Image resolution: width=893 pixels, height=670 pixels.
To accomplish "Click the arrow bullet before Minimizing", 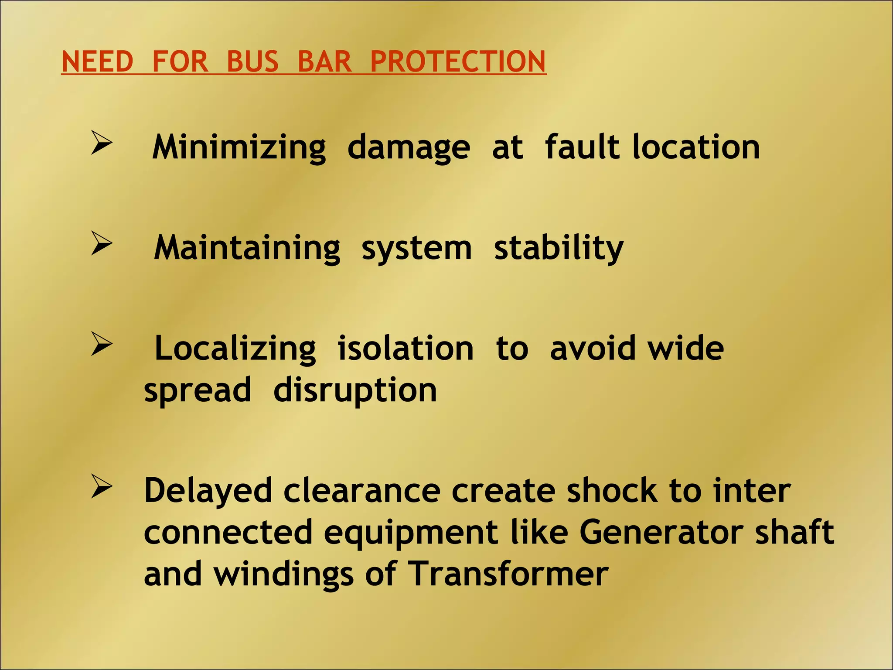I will (102, 143).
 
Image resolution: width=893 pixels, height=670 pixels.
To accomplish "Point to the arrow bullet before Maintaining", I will (102, 243).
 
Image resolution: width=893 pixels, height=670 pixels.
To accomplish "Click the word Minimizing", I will (239, 147).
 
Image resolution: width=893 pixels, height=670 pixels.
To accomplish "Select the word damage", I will (409, 147).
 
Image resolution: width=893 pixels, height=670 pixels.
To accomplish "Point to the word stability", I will (559, 248).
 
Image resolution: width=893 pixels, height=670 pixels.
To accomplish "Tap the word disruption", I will (355, 390).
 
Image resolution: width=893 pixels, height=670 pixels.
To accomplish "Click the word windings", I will (283, 574).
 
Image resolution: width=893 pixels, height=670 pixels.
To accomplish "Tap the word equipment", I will (410, 533).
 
